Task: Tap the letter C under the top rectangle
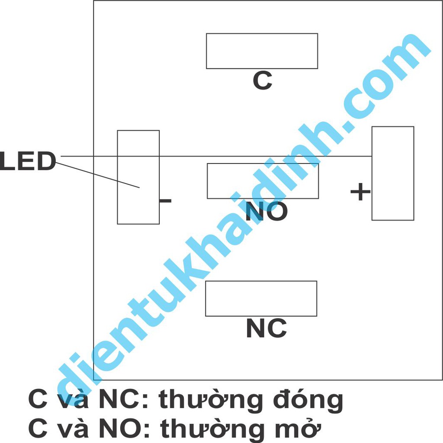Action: point(263,80)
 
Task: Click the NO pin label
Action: point(266,211)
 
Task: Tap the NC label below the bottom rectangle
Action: point(266,328)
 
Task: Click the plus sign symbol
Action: point(360,192)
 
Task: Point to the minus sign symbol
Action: point(166,201)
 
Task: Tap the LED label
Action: point(28,161)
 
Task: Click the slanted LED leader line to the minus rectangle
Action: point(97,175)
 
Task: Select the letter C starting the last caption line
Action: point(38,428)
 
